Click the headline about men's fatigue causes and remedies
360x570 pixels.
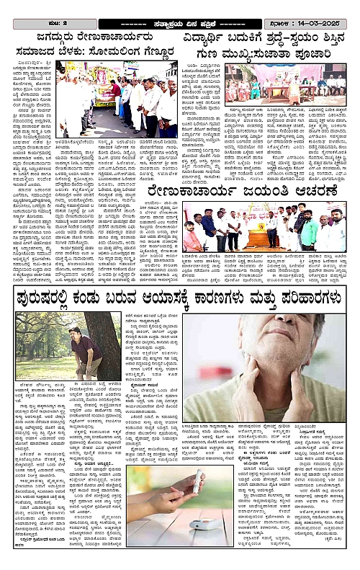[180, 296]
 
